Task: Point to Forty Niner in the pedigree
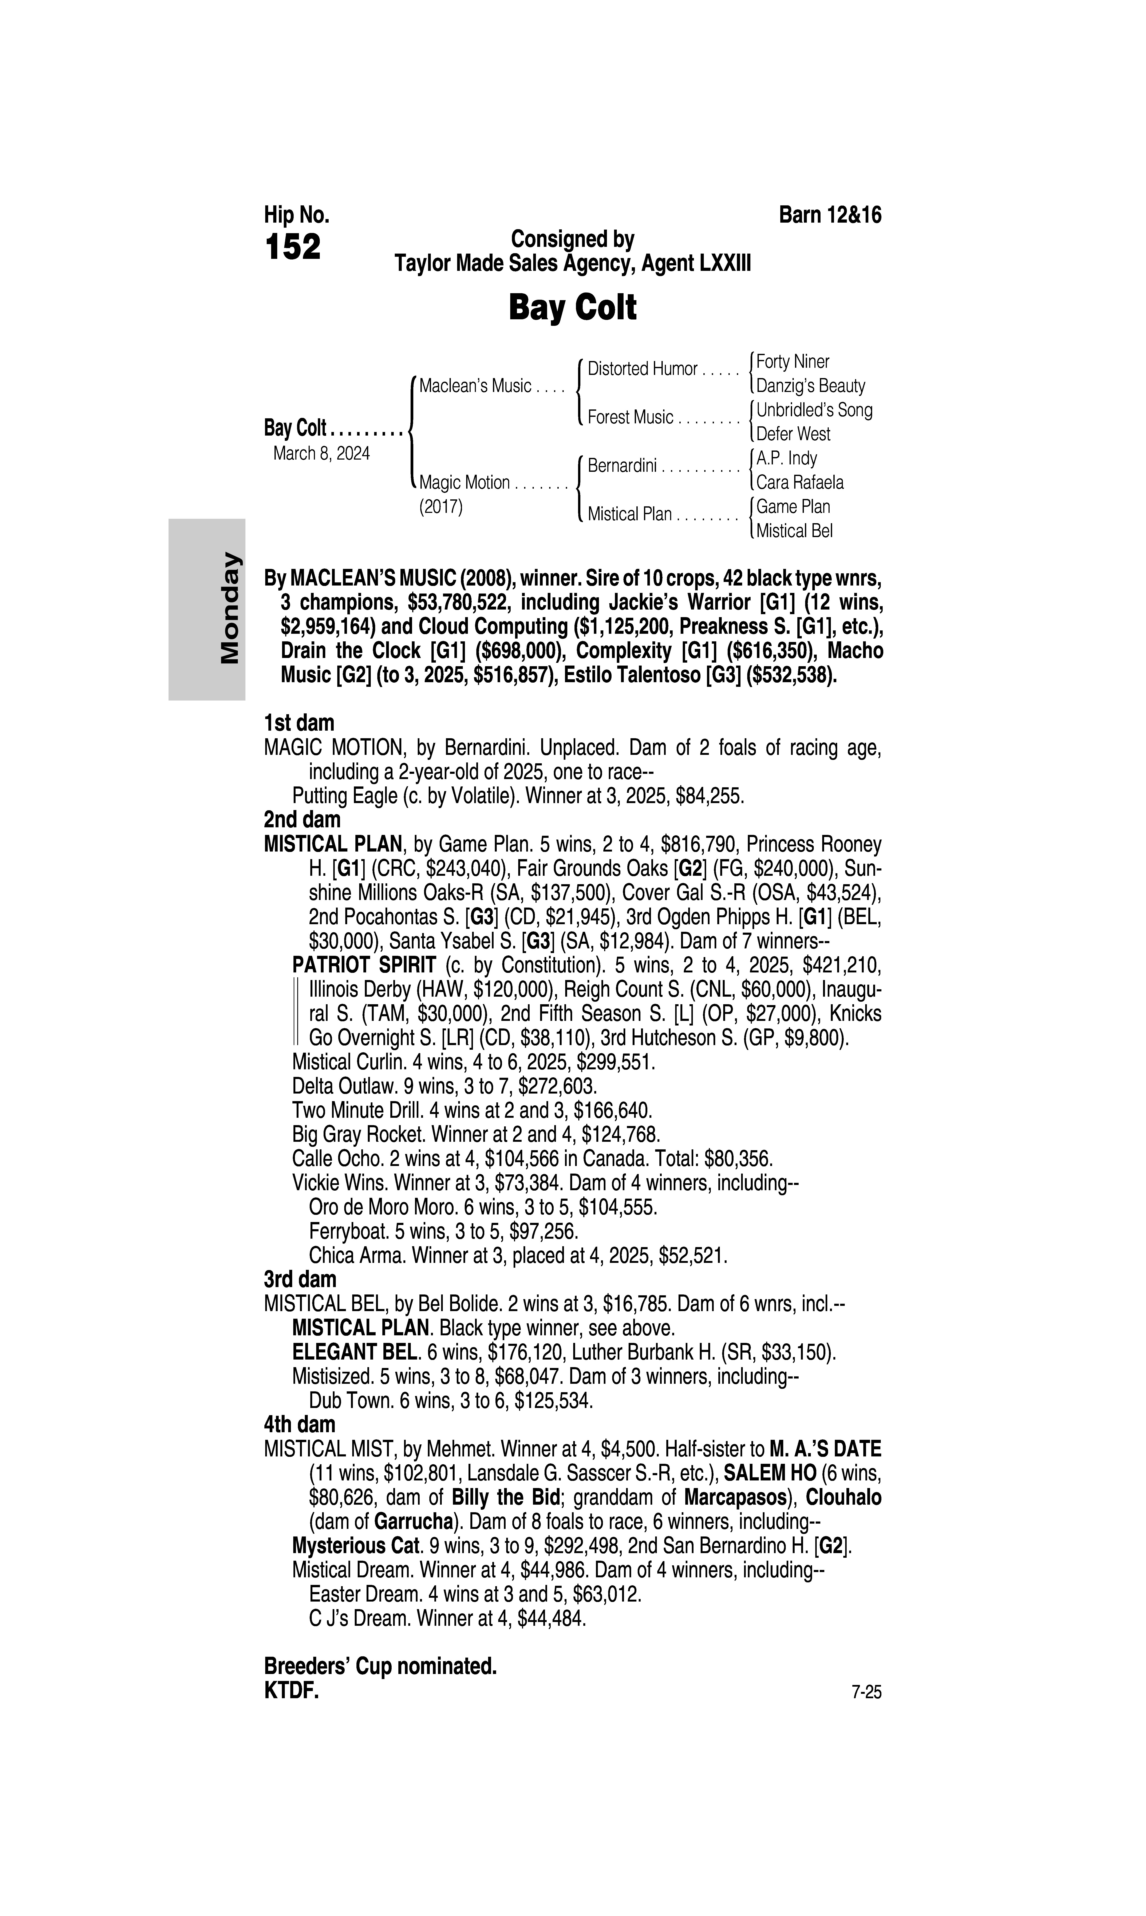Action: (x=792, y=361)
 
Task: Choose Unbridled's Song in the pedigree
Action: (x=814, y=410)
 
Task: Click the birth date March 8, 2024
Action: (x=321, y=453)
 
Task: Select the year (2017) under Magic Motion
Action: (x=440, y=507)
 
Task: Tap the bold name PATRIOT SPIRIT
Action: (x=364, y=966)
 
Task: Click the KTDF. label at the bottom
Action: (x=291, y=1691)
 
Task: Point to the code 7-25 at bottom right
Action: (x=866, y=1693)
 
